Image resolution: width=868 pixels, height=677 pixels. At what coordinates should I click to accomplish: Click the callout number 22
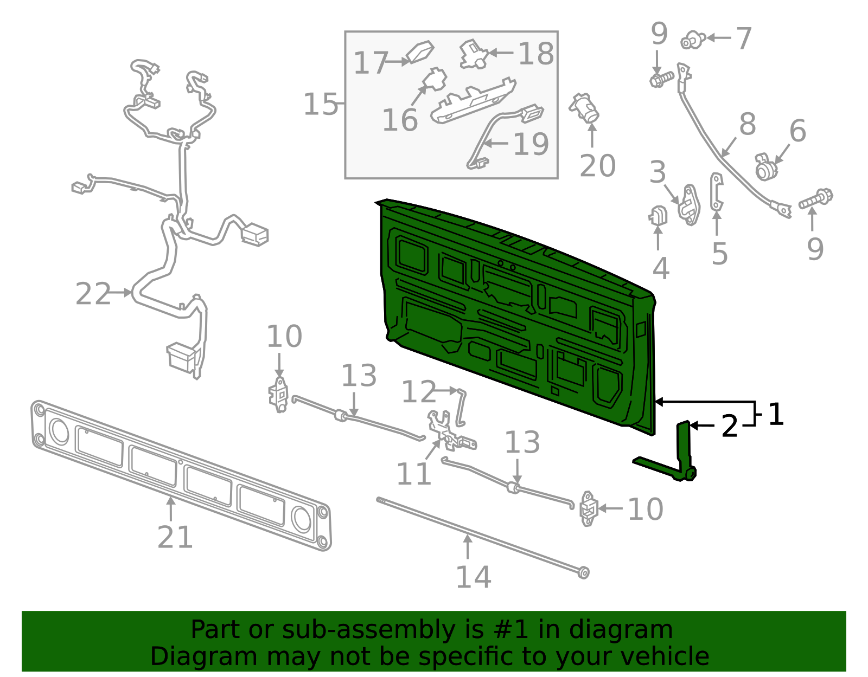(93, 294)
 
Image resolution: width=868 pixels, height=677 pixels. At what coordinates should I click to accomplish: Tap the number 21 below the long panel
(175, 537)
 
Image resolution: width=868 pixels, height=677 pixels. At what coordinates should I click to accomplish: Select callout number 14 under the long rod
(474, 577)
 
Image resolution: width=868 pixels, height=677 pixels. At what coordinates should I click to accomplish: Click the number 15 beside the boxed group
(321, 104)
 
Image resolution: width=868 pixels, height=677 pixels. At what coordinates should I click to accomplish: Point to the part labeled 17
(419, 52)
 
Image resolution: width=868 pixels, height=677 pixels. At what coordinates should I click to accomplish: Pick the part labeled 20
(584, 108)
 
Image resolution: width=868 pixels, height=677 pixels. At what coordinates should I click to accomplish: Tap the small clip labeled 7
(693, 41)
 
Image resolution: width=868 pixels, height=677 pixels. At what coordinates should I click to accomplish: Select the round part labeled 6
(767, 167)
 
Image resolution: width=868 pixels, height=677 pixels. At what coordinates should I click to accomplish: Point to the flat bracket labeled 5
(717, 192)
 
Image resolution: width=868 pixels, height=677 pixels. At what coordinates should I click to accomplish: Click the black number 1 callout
(776, 415)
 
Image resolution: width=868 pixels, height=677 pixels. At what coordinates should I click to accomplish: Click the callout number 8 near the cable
(748, 124)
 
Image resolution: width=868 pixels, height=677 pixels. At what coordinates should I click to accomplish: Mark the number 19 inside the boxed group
(531, 144)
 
